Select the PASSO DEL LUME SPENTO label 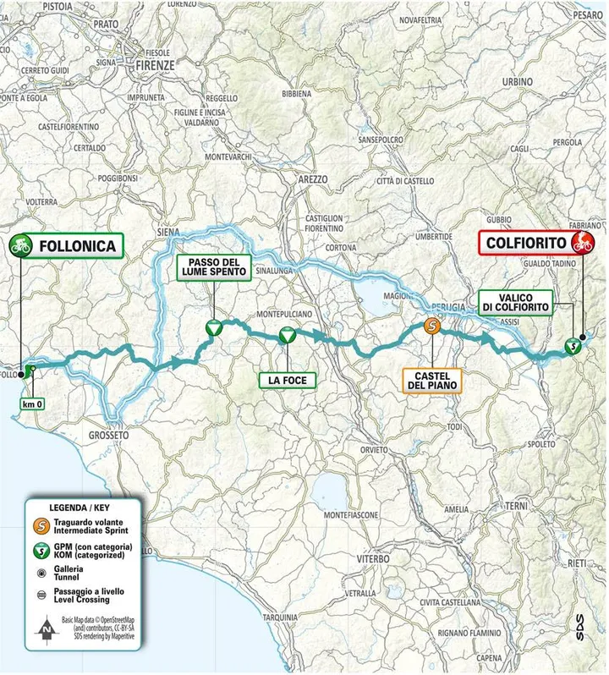[212, 268]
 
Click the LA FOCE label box [287, 381]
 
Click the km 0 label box [34, 404]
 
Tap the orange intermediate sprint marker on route [431, 327]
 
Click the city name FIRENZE [158, 64]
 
